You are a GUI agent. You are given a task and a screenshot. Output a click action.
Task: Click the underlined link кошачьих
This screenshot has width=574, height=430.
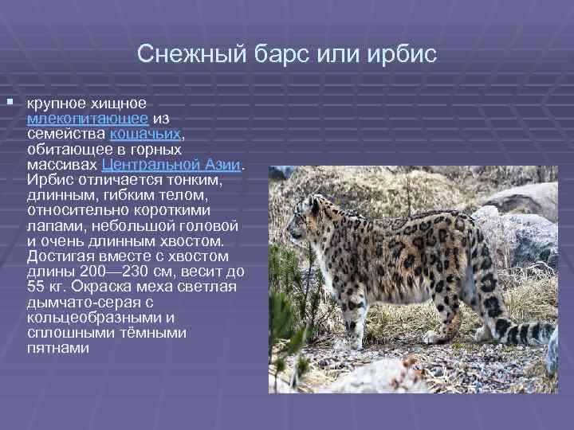coord(151,134)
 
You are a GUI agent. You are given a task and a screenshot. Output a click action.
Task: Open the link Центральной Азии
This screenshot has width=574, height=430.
coord(171,165)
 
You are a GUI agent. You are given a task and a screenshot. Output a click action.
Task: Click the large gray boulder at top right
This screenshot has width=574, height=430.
coord(531,199)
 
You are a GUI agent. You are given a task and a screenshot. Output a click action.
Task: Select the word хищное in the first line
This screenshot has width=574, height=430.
coord(116,103)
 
